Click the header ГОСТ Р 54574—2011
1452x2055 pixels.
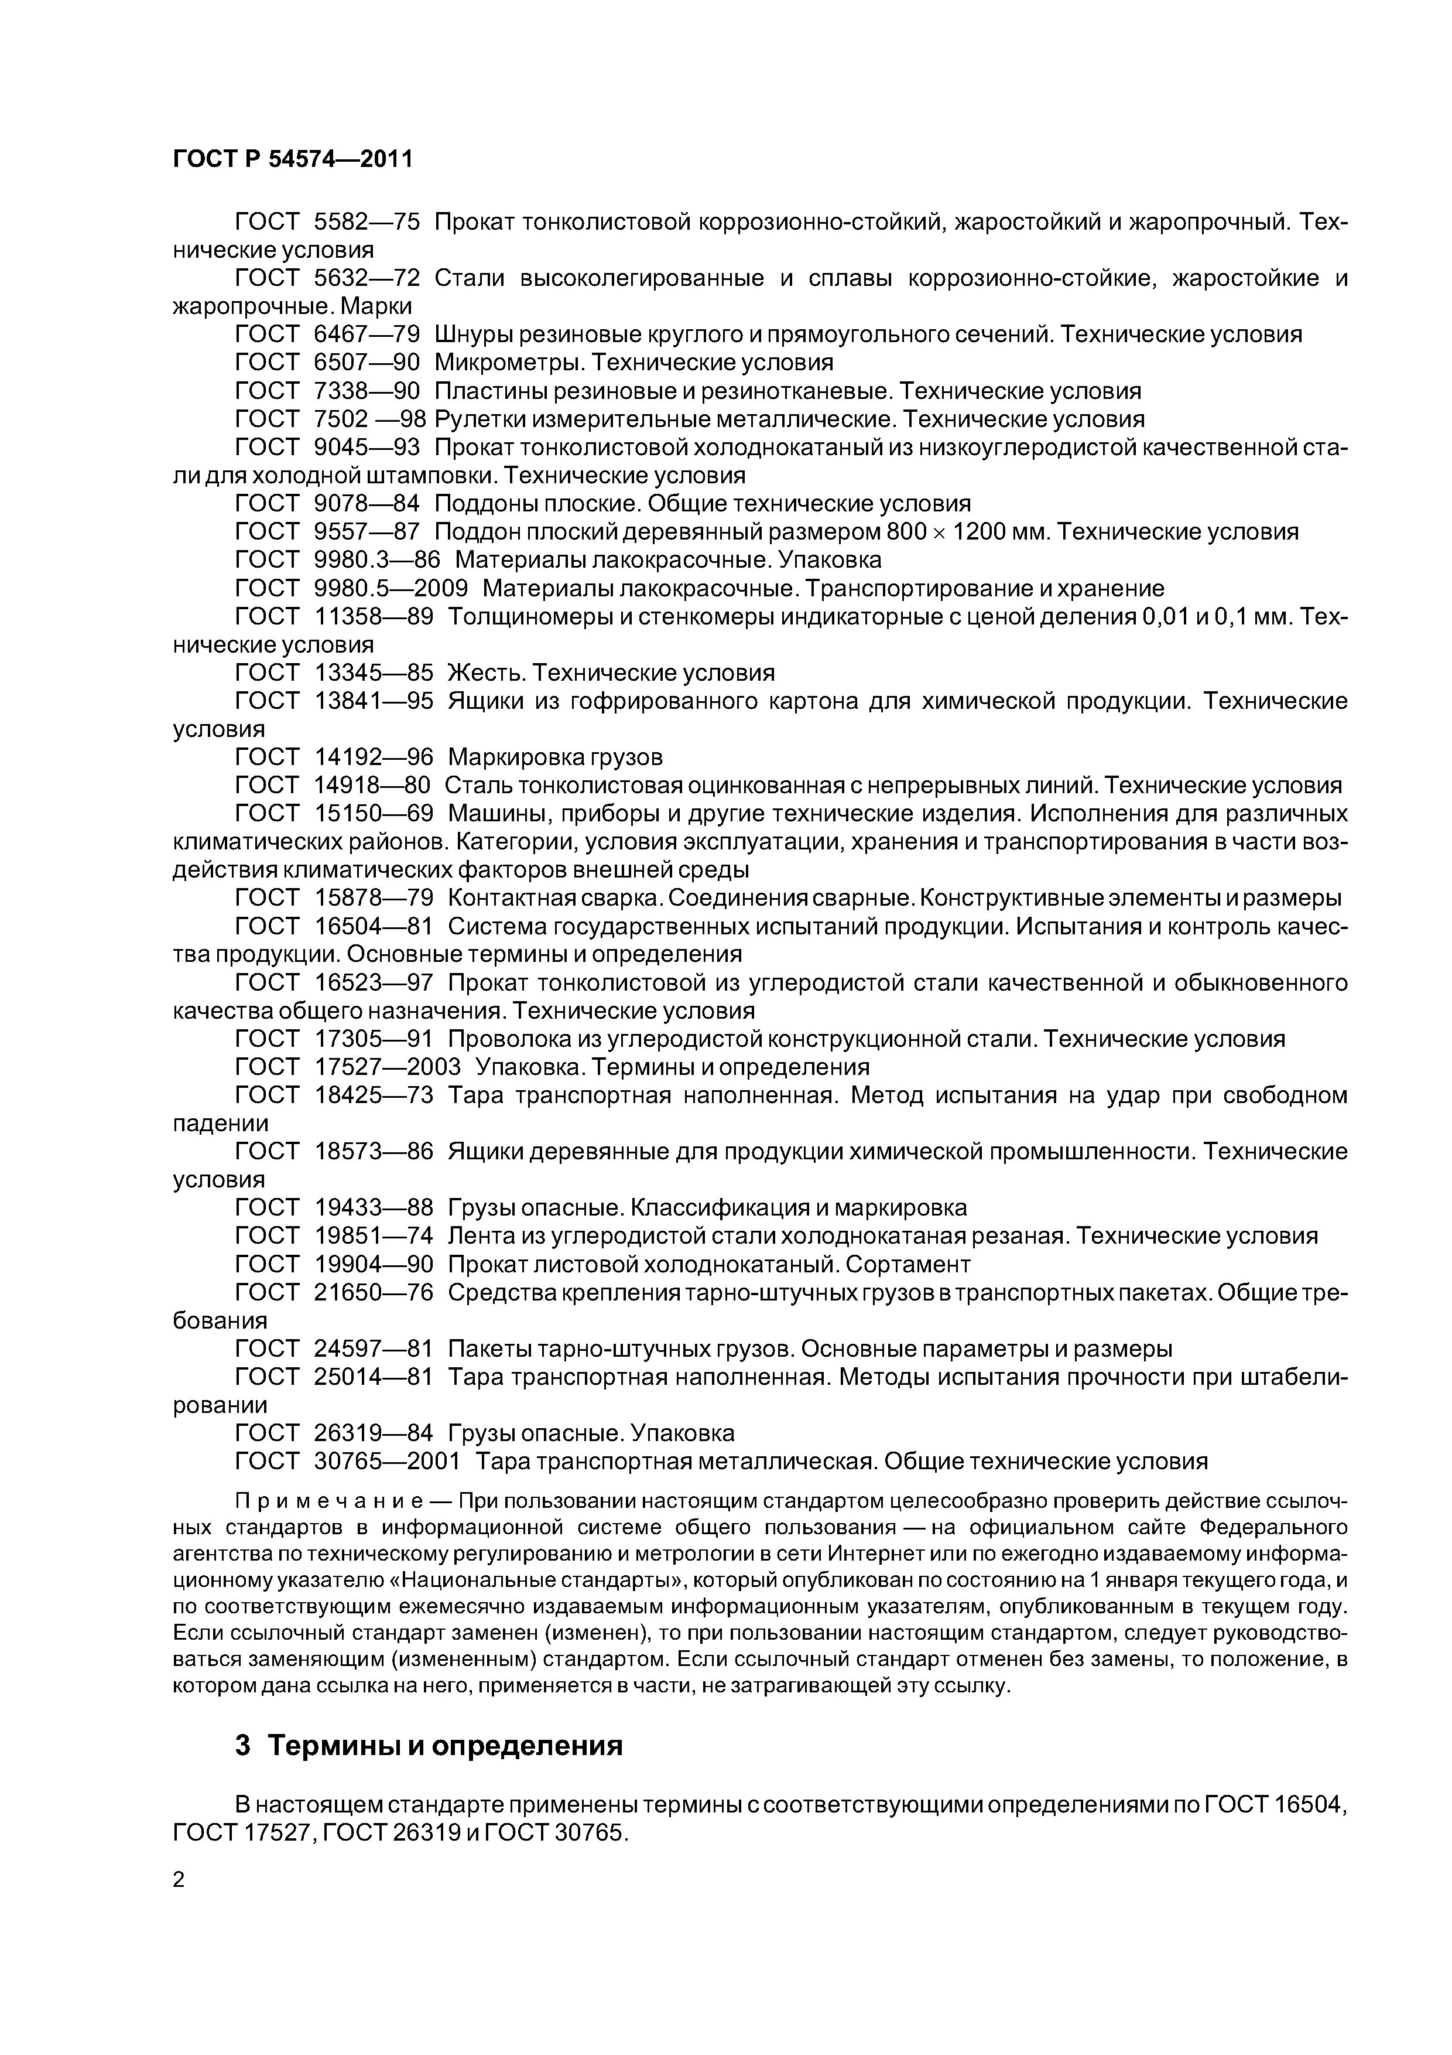coord(293,159)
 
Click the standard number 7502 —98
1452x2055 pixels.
coord(369,419)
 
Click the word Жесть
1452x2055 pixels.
coord(484,672)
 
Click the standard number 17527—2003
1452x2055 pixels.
coord(388,1067)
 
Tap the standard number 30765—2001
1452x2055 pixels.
coord(388,1462)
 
